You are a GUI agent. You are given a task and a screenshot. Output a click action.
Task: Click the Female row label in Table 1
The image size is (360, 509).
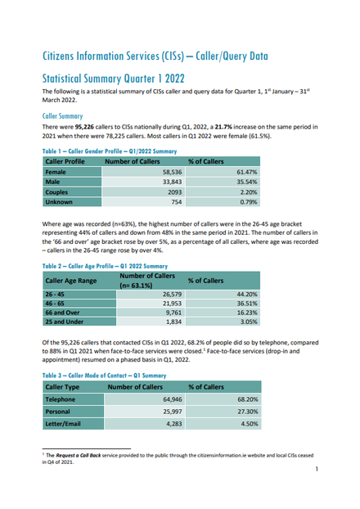point(56,172)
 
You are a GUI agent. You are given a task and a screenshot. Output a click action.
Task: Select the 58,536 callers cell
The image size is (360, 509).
point(172,172)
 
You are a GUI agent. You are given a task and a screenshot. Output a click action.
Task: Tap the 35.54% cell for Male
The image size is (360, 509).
point(247,182)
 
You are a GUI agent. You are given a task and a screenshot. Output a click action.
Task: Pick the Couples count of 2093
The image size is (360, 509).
point(174,192)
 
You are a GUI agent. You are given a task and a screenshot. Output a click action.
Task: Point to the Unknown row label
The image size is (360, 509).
point(59,202)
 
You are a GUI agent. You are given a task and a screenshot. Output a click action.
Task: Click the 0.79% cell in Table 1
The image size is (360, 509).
point(249,202)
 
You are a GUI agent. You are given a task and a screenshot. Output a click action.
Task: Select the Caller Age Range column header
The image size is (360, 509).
point(71,281)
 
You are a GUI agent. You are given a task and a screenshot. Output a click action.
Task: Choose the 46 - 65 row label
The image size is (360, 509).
point(55,304)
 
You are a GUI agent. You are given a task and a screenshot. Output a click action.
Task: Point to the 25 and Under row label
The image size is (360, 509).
point(65,322)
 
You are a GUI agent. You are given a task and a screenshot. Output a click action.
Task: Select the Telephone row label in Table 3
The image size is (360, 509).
point(60,399)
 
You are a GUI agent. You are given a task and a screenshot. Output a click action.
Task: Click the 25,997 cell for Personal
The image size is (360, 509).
point(172,412)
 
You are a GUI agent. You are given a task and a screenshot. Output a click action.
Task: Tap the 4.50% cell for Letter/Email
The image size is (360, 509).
point(250,424)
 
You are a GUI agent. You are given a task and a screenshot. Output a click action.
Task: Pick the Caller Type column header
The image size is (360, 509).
point(62,387)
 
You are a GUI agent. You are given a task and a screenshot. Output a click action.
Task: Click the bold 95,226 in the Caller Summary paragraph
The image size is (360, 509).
point(84,127)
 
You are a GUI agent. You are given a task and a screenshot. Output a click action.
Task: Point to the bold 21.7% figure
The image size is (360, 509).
point(223,127)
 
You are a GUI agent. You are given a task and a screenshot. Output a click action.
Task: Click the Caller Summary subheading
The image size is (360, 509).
point(63,116)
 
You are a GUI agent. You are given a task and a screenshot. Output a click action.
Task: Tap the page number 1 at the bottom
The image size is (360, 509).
point(317,469)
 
